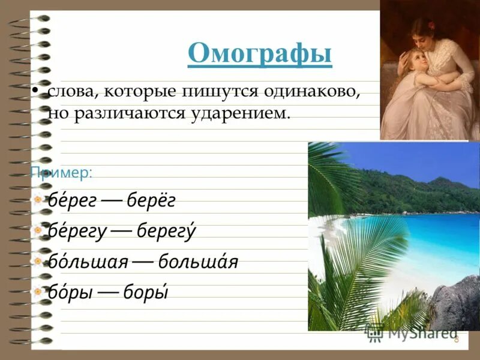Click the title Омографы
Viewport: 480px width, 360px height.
(x=259, y=54)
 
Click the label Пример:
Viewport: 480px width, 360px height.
(x=61, y=173)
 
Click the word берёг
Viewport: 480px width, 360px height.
(x=151, y=201)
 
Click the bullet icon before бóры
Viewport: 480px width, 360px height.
(x=38, y=292)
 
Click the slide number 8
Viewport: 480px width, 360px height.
(x=456, y=340)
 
